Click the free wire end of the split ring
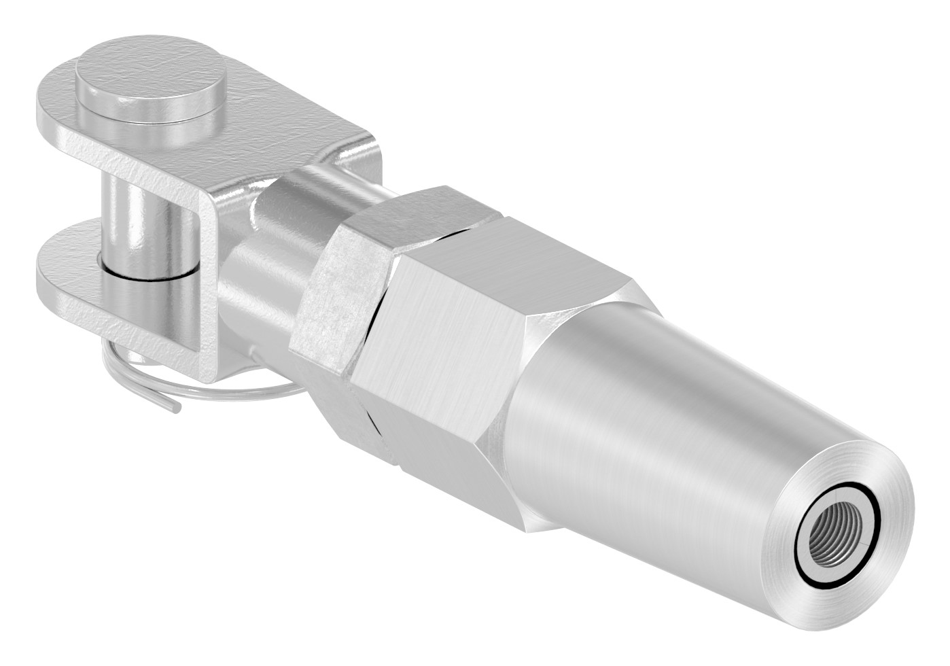pos(174,408)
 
